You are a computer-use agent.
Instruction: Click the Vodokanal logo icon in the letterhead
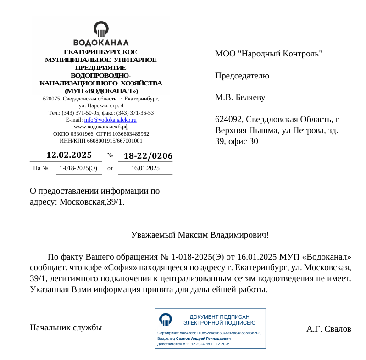tap(101, 29)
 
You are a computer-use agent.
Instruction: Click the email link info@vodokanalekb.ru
tap(110, 120)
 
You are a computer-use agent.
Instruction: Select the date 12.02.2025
tap(69, 155)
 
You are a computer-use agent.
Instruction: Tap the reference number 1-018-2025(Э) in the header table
tap(78, 168)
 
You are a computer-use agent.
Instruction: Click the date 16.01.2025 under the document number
tap(145, 168)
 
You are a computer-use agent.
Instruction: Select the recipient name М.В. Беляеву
tap(240, 97)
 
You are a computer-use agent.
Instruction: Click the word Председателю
tap(242, 76)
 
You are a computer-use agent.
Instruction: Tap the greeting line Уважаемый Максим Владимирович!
tap(200, 235)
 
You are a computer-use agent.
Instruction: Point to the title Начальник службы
tap(66, 327)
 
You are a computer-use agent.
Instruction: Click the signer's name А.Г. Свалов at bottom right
tap(328, 329)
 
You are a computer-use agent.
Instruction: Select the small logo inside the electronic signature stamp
tap(166, 319)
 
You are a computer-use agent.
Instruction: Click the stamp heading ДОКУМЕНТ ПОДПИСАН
tap(219, 317)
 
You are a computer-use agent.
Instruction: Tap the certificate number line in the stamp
tap(209, 333)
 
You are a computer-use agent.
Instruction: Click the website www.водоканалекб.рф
tap(101, 127)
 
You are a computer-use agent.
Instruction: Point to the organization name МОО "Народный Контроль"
tap(269, 54)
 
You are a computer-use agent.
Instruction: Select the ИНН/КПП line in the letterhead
tap(101, 141)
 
